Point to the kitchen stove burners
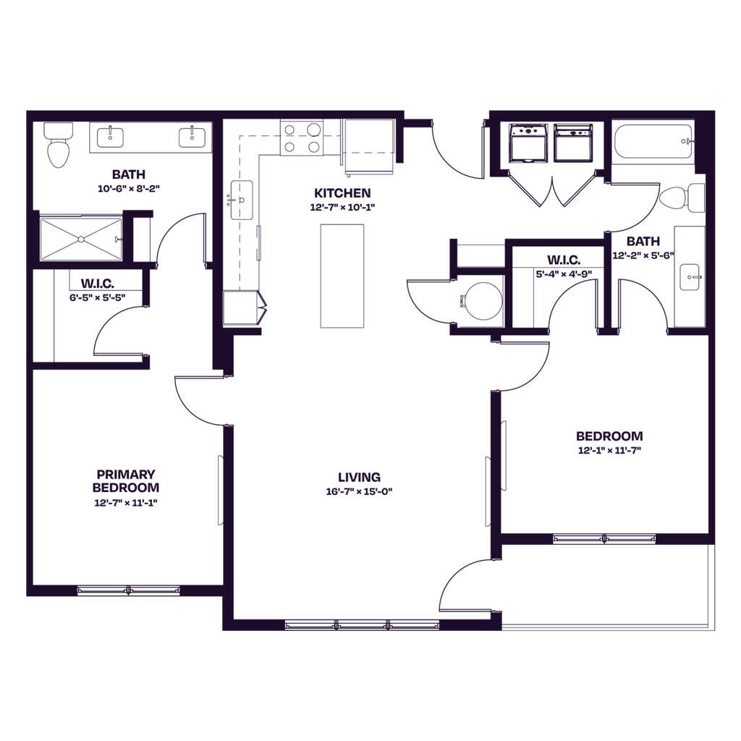pos(302,138)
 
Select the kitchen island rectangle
pos(342,275)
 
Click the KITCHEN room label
pos(342,193)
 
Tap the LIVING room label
pos(359,478)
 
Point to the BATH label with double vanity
pos(129,174)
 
